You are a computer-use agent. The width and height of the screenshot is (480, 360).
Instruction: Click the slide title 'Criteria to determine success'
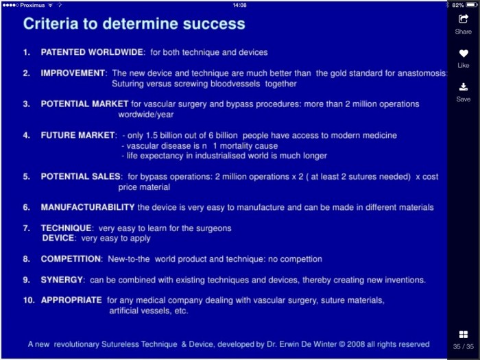point(134,24)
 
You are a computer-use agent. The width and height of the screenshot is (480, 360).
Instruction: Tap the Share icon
point(463,19)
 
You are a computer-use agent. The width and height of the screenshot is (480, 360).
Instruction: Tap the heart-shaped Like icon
point(464,53)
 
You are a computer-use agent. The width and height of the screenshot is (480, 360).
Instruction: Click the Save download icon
point(464,87)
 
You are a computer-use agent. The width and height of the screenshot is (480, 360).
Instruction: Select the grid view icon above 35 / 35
point(464,335)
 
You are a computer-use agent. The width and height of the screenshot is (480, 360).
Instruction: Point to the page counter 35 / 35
point(464,346)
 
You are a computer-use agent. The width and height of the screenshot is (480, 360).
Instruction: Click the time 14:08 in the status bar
point(240,5)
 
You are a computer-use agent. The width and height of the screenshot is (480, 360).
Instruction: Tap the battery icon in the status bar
point(472,5)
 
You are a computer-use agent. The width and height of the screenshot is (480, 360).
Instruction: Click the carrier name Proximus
point(32,5)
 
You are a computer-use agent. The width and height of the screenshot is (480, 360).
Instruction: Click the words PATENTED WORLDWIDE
point(92,52)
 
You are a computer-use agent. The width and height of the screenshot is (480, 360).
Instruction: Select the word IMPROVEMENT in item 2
point(73,73)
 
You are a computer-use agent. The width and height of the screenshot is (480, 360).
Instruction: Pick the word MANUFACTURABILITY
point(88,207)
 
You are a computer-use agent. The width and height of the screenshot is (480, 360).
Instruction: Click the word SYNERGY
point(62,280)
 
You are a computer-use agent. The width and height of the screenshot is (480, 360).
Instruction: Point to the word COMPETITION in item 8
point(71,259)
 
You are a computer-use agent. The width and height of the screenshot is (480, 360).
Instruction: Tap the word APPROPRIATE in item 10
point(71,300)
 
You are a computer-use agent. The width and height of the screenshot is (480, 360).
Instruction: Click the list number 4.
point(27,135)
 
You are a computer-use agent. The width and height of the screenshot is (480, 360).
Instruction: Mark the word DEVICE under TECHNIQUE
point(58,238)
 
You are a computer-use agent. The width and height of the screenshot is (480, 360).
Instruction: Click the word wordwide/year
point(146,115)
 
